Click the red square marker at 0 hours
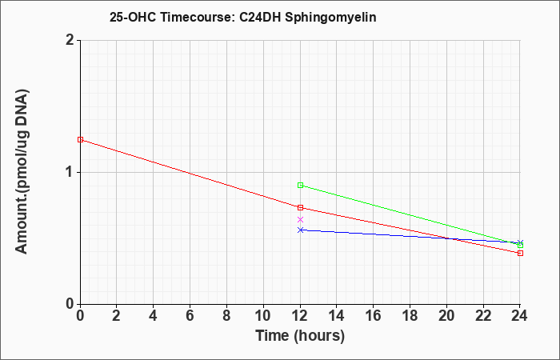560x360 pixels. point(80,140)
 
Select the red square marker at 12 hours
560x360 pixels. point(300,207)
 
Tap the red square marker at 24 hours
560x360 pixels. point(520,254)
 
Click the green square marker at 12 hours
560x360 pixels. point(300,186)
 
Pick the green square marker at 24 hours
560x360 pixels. point(520,246)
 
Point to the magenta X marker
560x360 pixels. point(300,220)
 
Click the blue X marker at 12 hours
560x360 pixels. point(300,230)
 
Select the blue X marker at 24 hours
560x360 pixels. point(520,243)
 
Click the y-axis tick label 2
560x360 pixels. point(70,40)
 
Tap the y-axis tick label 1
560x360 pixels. point(70,173)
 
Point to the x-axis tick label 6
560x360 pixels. point(190,316)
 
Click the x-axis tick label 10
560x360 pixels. point(263,316)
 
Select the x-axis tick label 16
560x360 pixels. point(374,316)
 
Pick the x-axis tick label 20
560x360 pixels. point(446,316)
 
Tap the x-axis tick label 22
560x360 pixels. point(483,316)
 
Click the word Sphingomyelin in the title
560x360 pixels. point(330,18)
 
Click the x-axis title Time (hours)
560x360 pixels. point(300,336)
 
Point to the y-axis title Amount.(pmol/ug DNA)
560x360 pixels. point(22,172)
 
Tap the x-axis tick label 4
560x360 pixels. point(153,316)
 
